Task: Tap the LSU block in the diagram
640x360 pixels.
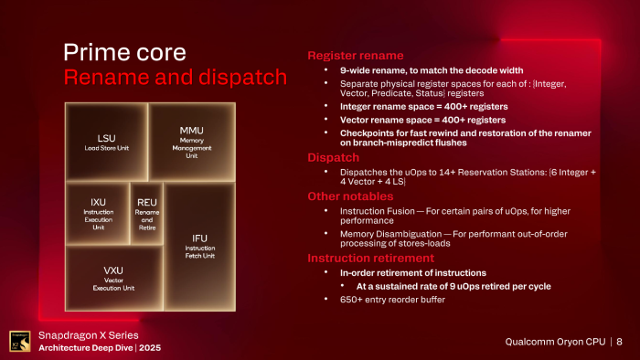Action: pyautogui.click(x=106, y=143)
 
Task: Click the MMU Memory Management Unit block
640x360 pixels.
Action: pyautogui.click(x=191, y=142)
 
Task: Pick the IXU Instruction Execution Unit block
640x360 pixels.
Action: pyautogui.click(x=98, y=212)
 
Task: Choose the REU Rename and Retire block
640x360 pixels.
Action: pyautogui.click(x=147, y=212)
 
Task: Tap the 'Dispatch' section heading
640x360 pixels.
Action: pyautogui.click(x=333, y=157)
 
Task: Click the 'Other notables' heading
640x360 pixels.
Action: pyautogui.click(x=351, y=196)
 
